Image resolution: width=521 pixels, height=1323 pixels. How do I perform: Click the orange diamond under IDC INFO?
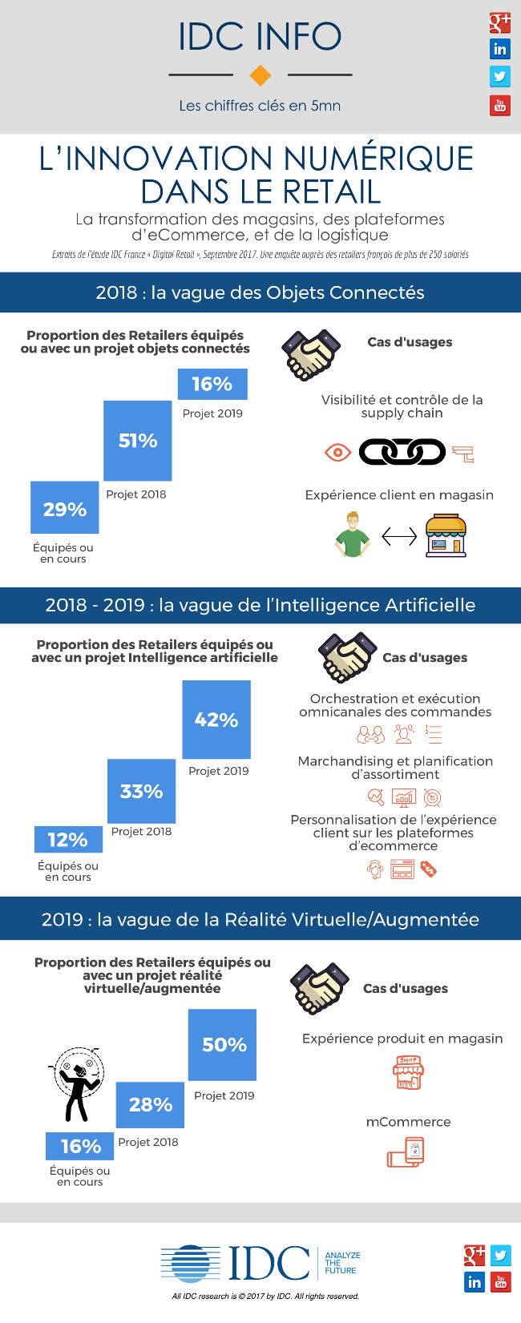pos(260,75)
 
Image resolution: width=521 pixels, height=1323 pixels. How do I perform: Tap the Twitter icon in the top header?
pos(499,76)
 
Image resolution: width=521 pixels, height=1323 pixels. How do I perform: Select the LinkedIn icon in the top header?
pos(499,49)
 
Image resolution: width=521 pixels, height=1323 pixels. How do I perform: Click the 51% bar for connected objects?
pos(138,441)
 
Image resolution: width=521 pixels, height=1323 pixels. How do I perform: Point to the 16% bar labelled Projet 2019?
pos(212,384)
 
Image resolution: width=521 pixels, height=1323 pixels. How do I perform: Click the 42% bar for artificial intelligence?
pos(216,720)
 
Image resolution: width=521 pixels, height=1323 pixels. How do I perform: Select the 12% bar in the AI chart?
pos(68,839)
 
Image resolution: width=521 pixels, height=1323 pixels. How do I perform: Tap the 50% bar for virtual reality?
pos(223,1044)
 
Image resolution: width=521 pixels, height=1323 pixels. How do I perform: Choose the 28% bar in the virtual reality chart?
pos(150,1104)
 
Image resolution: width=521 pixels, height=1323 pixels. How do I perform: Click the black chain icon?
pos(402,452)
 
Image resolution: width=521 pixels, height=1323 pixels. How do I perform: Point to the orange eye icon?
pos(337,453)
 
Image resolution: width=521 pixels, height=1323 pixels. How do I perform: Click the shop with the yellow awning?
pos(446,535)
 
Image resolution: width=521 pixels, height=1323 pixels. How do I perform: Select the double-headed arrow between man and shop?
pos(399,535)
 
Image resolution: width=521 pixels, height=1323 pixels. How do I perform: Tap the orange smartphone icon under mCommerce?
pos(406,1152)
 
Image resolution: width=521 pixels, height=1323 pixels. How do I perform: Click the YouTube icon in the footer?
pos(501,1281)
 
